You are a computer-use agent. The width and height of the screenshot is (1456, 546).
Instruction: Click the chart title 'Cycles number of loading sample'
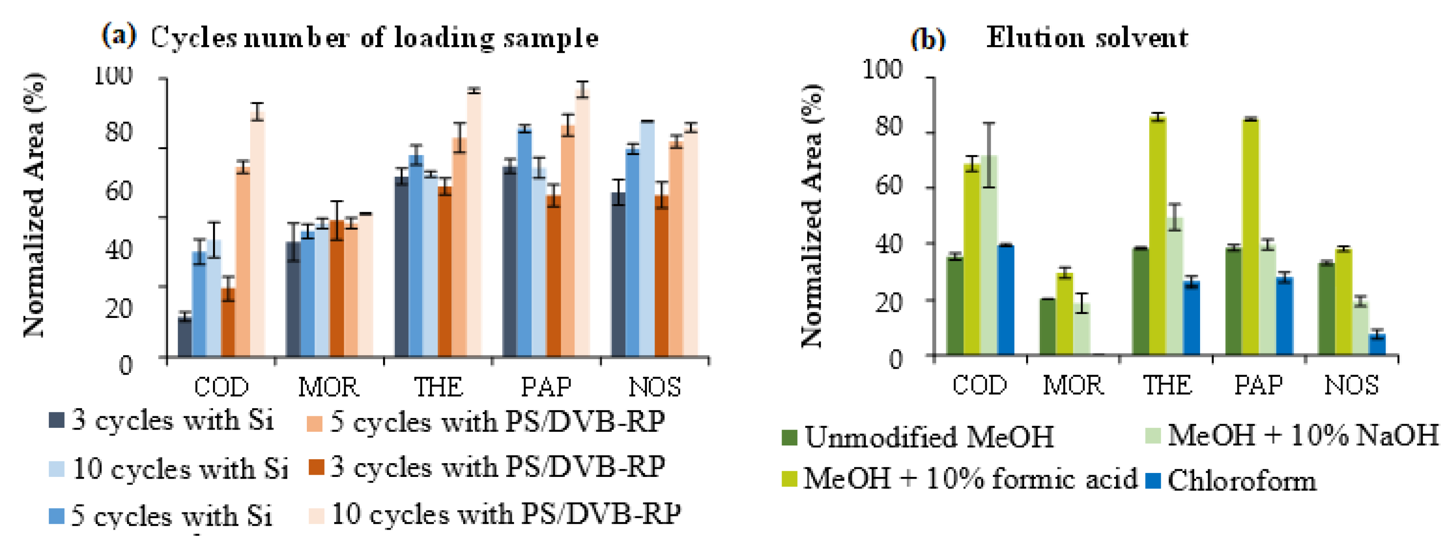click(x=374, y=39)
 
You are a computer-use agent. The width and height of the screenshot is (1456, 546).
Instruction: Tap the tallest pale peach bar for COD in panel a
click(x=258, y=235)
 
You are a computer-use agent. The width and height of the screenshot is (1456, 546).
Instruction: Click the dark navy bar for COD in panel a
click(x=185, y=337)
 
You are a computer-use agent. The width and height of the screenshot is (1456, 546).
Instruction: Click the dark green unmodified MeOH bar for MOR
click(x=1047, y=327)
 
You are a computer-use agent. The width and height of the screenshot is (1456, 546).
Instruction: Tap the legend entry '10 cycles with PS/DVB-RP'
click(x=495, y=515)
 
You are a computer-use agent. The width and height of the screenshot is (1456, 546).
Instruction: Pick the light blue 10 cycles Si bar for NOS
click(x=647, y=239)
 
